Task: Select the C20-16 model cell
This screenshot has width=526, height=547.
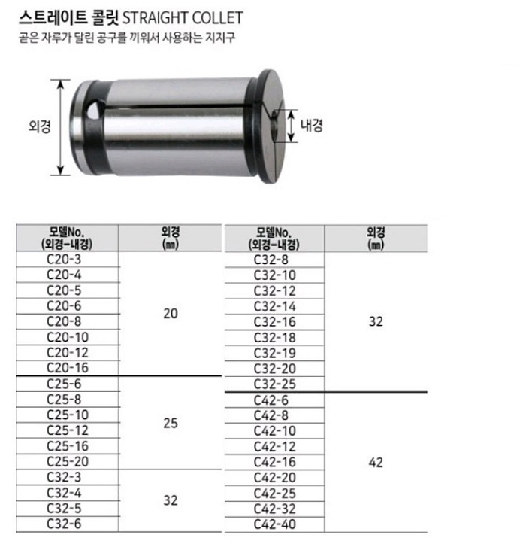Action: pyautogui.click(x=68, y=368)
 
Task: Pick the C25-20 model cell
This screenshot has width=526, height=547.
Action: pyautogui.click(x=68, y=461)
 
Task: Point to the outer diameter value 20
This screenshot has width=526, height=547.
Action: pyautogui.click(x=171, y=314)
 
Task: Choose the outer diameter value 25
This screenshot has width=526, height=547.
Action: pyautogui.click(x=171, y=423)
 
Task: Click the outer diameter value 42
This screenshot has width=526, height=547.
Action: pyautogui.click(x=376, y=463)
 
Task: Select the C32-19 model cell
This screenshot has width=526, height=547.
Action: pyautogui.click(x=274, y=353)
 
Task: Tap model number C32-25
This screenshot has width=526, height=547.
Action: pyautogui.click(x=274, y=384)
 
